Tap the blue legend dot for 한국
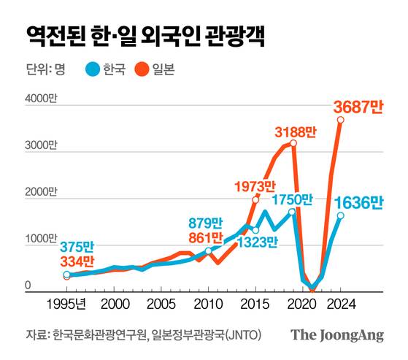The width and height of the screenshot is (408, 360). [x=93, y=70]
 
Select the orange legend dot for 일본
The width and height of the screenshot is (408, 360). [x=142, y=70]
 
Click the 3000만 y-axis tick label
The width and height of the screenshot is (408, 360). [x=41, y=146]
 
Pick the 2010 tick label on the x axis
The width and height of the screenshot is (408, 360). [x=209, y=303]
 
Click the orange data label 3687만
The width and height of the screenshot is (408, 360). [x=358, y=107]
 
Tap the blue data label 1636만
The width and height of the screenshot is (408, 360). [x=358, y=203]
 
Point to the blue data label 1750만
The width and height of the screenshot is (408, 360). [x=292, y=199]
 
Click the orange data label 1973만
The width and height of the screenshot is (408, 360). [x=255, y=187]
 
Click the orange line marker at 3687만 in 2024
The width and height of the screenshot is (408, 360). [x=340, y=120]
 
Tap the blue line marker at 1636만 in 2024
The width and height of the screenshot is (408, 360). [x=340, y=215]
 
